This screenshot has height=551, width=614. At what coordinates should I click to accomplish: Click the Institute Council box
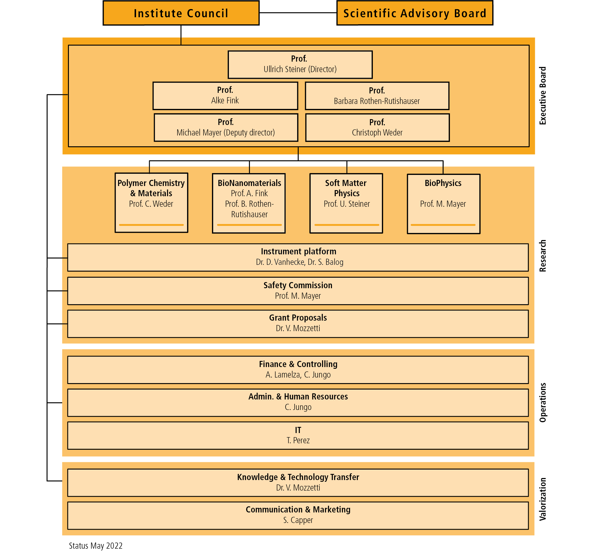[181, 13]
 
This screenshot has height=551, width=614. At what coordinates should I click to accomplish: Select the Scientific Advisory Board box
[415, 13]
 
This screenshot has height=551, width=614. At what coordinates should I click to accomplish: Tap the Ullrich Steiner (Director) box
[300, 65]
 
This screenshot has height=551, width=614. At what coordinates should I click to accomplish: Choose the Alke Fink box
[225, 96]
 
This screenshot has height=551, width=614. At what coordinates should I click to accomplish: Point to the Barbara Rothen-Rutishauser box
[377, 96]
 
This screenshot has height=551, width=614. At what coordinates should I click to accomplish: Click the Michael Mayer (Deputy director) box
[226, 127]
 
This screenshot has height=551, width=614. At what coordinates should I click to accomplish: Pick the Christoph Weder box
[377, 127]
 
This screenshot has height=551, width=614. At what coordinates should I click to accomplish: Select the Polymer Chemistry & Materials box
[151, 203]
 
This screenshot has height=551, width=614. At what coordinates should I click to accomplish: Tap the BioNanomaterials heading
[249, 183]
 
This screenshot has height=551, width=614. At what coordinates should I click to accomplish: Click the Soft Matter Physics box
[346, 203]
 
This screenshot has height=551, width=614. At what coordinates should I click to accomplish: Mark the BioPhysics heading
[443, 183]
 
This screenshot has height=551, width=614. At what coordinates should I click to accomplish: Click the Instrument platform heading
[298, 251]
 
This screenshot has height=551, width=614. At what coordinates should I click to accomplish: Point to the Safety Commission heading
[298, 285]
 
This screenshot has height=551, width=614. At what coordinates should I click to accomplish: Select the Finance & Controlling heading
[298, 364]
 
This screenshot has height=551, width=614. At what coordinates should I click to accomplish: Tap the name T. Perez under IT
[298, 440]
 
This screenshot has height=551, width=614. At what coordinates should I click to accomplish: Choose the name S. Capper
[298, 520]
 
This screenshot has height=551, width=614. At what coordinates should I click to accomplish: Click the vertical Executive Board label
[543, 96]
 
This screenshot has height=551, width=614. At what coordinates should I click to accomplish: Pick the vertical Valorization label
[543, 499]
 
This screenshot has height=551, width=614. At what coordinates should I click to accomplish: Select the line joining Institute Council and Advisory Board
[298, 13]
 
